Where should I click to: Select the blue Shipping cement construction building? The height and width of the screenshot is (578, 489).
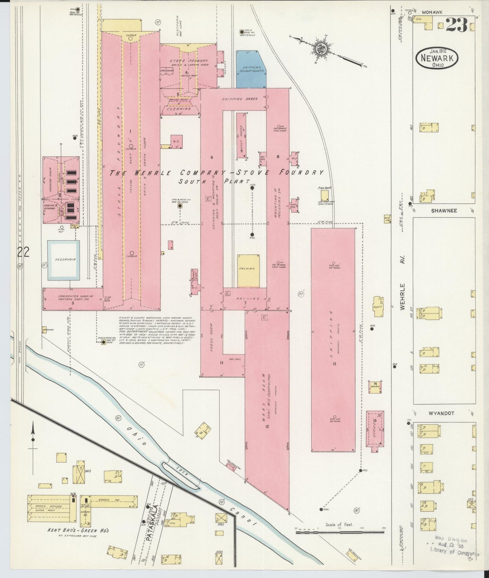[x=250, y=69]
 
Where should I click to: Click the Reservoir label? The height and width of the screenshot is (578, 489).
[x=63, y=260]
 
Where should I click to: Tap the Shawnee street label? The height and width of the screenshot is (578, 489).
[x=444, y=211]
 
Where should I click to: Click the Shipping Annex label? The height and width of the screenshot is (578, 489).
[x=240, y=99]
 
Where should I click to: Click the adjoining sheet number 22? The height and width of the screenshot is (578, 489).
[x=24, y=252]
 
